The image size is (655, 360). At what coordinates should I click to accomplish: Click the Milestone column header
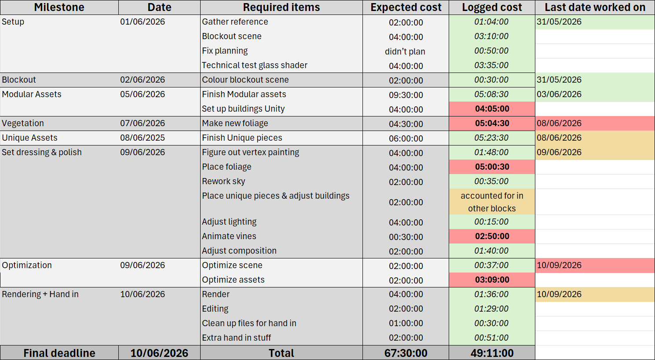[x=59, y=7]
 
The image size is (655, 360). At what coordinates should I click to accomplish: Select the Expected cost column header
[x=406, y=7]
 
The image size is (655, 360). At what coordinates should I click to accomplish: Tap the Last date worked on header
[x=595, y=7]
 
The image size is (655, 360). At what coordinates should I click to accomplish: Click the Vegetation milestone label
[x=23, y=124]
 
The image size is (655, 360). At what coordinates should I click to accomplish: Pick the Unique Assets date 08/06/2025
[x=143, y=138]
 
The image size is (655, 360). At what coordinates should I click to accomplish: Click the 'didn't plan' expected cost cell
[x=405, y=51]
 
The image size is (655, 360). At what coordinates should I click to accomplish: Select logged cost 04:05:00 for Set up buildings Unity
[x=492, y=109]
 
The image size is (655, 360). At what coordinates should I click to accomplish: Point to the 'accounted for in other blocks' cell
[x=492, y=202]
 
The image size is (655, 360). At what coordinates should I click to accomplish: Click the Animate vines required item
[x=229, y=236]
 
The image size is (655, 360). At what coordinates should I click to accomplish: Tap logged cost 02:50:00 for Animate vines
[x=492, y=236]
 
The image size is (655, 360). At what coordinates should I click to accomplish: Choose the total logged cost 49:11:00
[x=492, y=353]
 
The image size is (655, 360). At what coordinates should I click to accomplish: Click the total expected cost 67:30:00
[x=406, y=353]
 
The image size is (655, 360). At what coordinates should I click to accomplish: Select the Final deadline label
[x=59, y=353]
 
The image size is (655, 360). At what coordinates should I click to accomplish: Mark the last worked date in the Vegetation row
[x=559, y=124]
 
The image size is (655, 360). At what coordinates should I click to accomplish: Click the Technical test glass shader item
[x=254, y=65]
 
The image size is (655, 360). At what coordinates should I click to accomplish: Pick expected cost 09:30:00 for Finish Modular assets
[x=406, y=95]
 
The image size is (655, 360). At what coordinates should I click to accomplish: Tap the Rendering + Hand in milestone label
[x=40, y=294]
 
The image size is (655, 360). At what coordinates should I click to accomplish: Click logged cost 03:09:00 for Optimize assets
[x=492, y=280]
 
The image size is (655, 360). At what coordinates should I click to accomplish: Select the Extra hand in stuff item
[x=236, y=338]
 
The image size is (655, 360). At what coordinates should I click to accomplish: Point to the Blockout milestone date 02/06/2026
[x=143, y=80]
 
